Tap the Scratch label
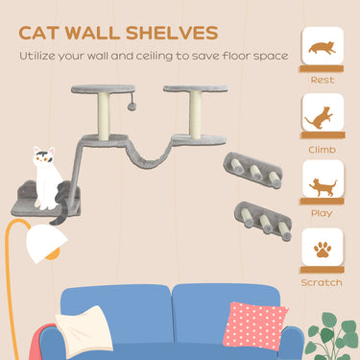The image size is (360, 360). click(322, 282)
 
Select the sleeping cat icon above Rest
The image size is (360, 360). click(323, 47)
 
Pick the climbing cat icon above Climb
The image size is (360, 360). click(322, 116)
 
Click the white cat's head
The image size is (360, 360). click(44, 157)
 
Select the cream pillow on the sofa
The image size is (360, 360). click(91, 330)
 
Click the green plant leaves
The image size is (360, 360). click(337, 335)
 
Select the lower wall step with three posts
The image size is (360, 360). click(262, 216)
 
